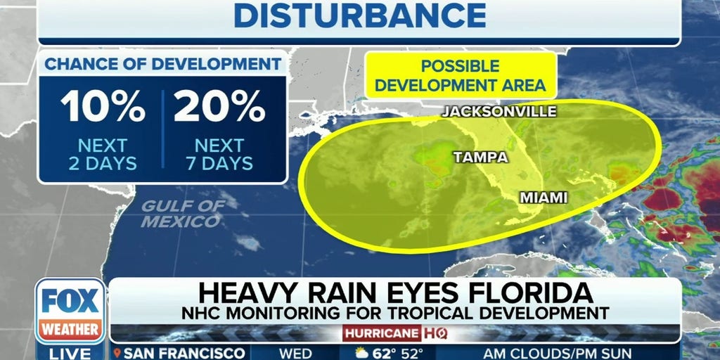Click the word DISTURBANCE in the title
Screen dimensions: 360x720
point(359,15)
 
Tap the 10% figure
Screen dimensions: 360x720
point(102,107)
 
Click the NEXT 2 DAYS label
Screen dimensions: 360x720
point(102,155)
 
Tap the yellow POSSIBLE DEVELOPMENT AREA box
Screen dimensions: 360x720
point(461,75)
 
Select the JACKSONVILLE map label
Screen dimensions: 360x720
point(499,111)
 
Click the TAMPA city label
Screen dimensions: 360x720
point(481,157)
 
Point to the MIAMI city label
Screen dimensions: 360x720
point(543,198)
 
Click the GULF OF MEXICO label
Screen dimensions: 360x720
point(182,214)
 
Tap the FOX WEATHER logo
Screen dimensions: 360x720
point(70,310)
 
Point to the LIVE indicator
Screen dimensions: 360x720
point(70,352)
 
